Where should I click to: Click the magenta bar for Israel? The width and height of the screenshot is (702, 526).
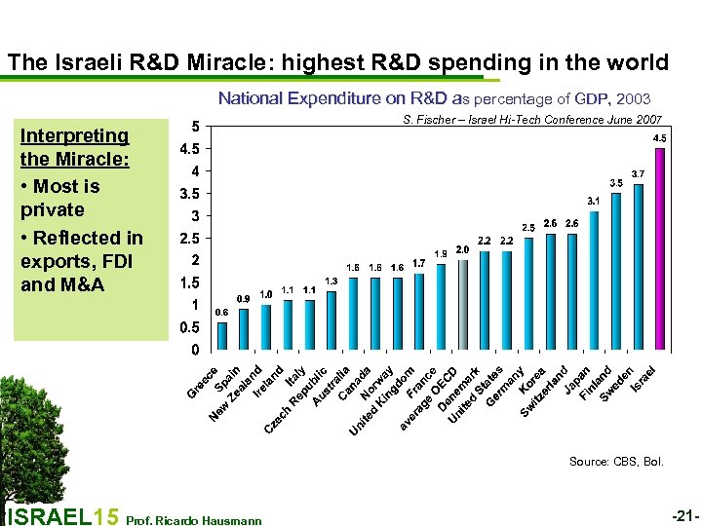coord(660,248)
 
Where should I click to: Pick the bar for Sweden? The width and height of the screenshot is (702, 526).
coord(639,266)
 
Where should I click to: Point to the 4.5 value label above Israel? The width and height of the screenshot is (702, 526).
coord(660,138)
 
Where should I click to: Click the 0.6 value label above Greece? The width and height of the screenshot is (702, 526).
coord(221,312)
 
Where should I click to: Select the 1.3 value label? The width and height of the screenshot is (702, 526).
coord(331,281)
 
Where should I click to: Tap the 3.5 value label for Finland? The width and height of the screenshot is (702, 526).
coord(616,182)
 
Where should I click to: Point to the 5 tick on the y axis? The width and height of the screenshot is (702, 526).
coord(196,126)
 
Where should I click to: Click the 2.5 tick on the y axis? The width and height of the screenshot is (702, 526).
coord(189,238)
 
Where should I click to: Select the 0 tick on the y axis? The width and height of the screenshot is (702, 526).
coord(196,349)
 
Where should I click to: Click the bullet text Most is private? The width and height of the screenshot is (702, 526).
coord(64,198)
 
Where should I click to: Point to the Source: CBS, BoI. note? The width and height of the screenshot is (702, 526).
coord(617,461)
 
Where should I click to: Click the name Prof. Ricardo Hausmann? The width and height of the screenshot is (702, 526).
coord(195,520)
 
